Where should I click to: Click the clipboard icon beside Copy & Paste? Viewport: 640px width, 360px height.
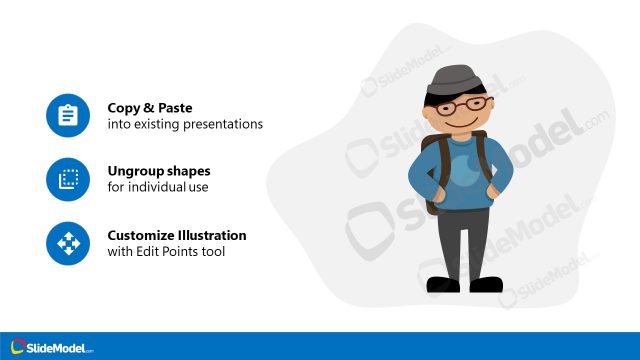coord(68,116)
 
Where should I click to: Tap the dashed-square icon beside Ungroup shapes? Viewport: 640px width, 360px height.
coord(68,179)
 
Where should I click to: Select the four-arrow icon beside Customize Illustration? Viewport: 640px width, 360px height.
coord(68,243)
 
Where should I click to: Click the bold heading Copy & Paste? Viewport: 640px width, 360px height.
coord(150,107)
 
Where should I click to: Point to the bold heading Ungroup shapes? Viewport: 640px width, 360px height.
coord(159,170)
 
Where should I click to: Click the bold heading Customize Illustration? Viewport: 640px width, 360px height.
coord(177,235)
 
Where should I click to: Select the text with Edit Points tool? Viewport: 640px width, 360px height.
coord(166,251)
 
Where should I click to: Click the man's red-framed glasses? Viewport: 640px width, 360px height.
coord(467,104)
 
